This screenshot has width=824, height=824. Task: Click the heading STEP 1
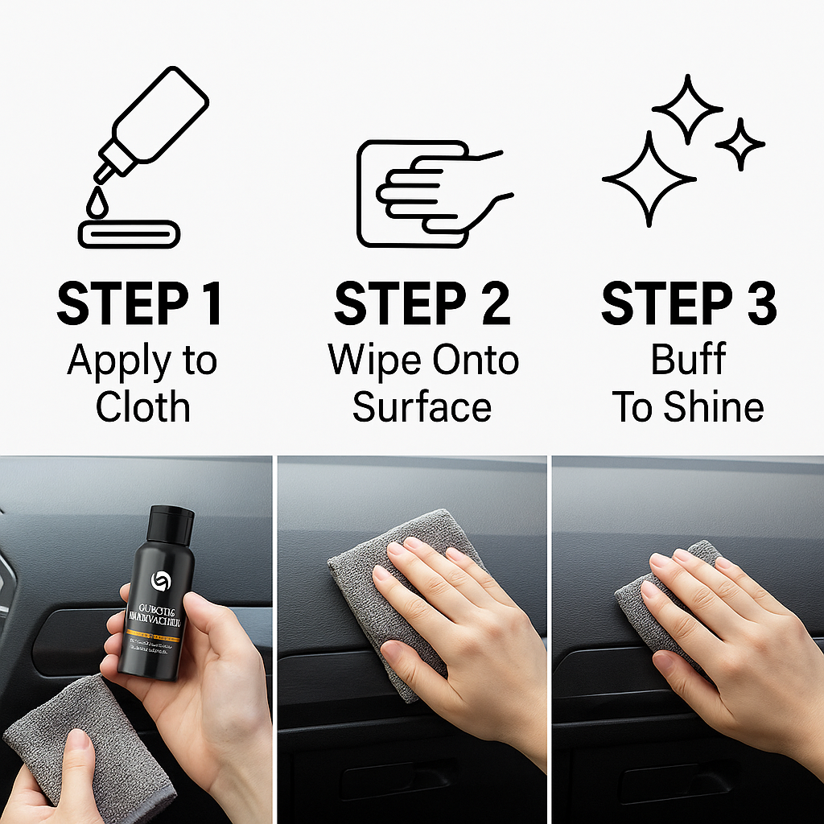coord(139,304)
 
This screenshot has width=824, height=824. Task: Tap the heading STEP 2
coord(422,304)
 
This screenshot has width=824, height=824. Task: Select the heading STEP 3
coord(689,304)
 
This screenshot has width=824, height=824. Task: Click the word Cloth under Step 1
coord(142,406)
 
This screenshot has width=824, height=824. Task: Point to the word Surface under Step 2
coord(422,406)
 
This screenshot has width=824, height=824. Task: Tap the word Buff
coord(689,360)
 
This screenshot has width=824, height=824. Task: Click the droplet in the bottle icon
coord(97,204)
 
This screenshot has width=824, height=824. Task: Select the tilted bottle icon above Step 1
coord(153,121)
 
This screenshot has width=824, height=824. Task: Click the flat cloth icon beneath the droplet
coord(129,234)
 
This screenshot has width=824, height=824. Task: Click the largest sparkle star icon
coord(649,179)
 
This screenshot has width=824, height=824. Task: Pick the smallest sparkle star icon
coord(740,145)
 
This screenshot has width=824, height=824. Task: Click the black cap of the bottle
coord(171,524)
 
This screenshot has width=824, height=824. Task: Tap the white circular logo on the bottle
coord(159,582)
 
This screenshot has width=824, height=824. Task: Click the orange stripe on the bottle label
coord(153,636)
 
